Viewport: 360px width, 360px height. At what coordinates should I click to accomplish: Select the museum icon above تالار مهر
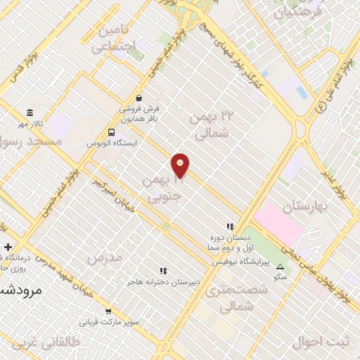point(30,112)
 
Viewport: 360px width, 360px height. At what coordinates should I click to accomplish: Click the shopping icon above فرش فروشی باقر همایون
point(139,98)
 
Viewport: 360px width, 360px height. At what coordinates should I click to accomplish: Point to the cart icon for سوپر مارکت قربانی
point(108,311)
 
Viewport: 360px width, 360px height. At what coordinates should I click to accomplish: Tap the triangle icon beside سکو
point(281,267)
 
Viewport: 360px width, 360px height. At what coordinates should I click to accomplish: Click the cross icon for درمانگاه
point(8,247)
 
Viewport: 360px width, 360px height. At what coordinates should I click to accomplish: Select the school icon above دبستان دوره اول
point(229,226)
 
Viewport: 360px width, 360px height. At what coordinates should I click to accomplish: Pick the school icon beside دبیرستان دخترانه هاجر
point(163,270)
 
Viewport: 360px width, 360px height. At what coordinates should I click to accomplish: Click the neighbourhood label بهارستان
point(306,207)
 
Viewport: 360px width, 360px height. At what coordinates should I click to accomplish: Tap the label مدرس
point(104,258)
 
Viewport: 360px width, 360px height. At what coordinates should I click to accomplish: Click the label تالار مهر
point(30,124)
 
